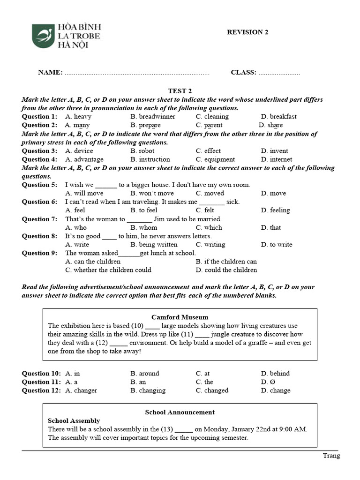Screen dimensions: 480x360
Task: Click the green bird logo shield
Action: (x=43, y=36)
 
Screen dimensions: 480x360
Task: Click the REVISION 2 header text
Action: (x=247, y=32)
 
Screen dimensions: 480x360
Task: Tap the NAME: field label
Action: (x=50, y=72)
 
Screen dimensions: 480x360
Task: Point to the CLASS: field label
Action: (x=243, y=72)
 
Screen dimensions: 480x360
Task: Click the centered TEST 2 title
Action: (x=180, y=91)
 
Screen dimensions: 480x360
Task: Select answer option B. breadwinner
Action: (x=153, y=116)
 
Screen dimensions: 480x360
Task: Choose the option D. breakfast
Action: (x=278, y=116)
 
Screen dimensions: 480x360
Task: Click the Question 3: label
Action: (x=40, y=151)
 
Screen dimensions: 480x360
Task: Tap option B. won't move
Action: (x=152, y=193)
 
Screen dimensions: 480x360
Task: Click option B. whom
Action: (x=144, y=227)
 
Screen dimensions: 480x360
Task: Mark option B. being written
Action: (x=154, y=244)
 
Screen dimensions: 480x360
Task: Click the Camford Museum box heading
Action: (x=180, y=317)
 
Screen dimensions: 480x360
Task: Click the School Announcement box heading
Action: (x=180, y=412)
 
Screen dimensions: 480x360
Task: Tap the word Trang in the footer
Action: (x=331, y=456)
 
